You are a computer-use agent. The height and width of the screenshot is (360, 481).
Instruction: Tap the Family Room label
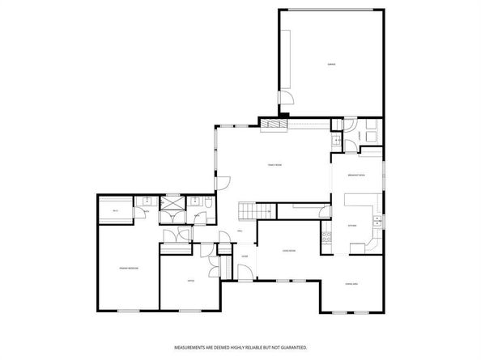[275, 165]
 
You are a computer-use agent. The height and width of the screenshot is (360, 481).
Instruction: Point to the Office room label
[190, 281]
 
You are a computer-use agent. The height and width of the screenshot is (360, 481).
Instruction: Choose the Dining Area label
[351, 283]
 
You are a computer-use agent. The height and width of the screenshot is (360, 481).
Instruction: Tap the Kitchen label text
[351, 225]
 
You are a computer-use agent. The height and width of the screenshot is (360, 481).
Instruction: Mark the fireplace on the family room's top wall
[273, 124]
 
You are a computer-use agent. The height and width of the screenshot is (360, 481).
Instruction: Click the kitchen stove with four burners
[327, 237]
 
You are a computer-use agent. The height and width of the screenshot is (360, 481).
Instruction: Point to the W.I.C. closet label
[116, 211]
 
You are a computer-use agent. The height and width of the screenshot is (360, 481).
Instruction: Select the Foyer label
[244, 256]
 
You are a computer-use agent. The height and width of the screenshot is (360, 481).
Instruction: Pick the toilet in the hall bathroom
[208, 213]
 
